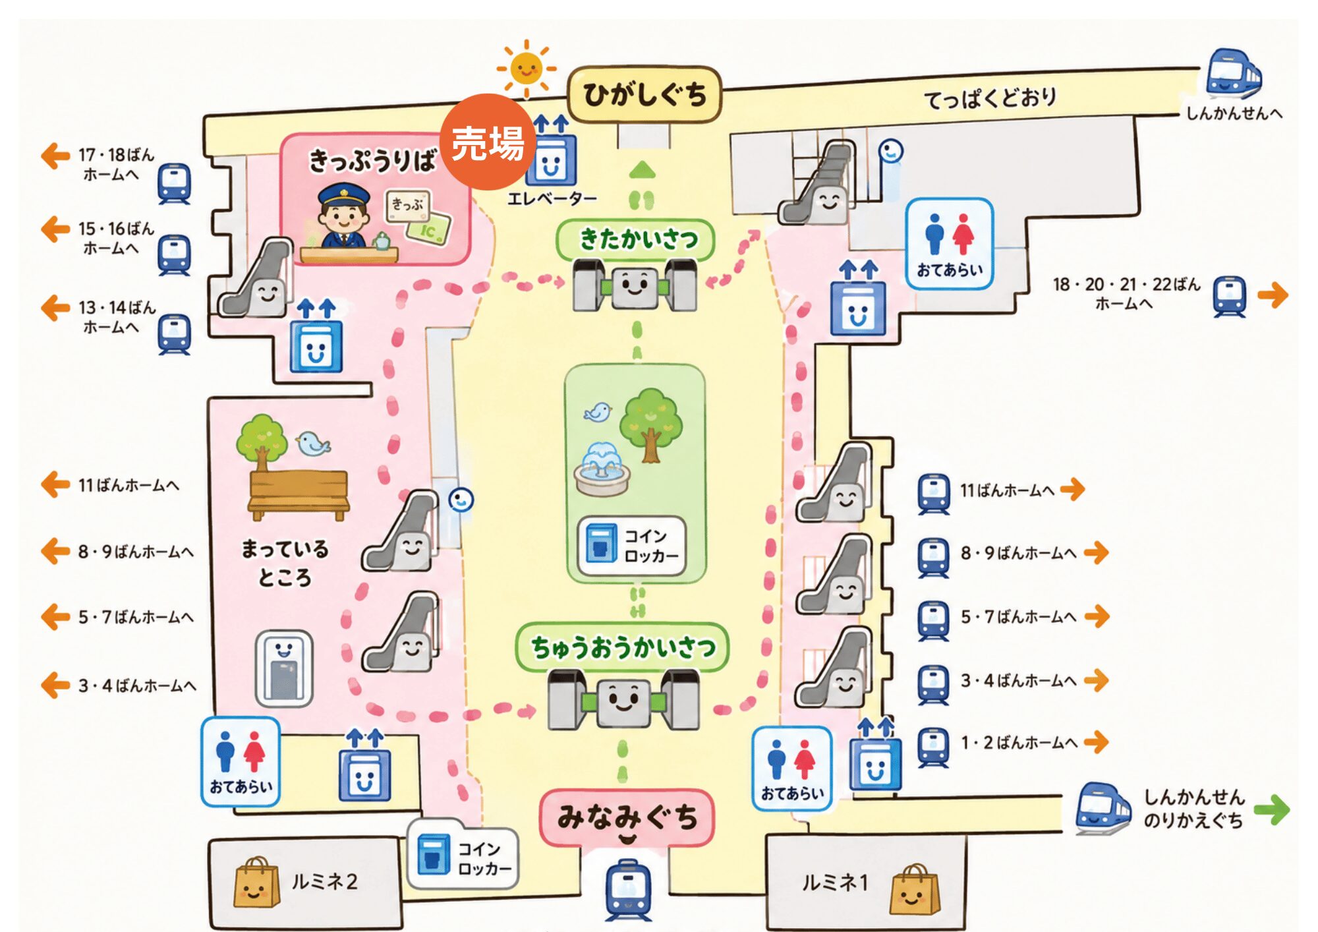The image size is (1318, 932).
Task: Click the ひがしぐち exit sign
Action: click(x=645, y=94)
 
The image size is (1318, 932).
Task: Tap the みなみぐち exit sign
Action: click(x=627, y=818)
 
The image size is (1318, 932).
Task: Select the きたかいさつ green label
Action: click(x=636, y=239)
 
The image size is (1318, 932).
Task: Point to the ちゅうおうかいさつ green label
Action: click(x=622, y=647)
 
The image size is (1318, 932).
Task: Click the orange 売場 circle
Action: click(x=488, y=142)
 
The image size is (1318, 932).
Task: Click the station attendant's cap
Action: click(x=343, y=194)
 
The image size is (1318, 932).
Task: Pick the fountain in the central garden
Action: click(x=601, y=469)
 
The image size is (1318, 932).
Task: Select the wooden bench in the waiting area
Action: click(x=298, y=494)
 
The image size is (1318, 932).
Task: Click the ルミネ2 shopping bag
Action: click(x=256, y=883)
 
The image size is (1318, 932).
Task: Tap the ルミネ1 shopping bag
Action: click(x=915, y=890)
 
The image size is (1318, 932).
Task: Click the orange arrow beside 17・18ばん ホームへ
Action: click(x=55, y=157)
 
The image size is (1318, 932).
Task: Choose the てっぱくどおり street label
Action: click(x=990, y=99)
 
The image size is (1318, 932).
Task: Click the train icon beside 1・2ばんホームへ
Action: click(x=933, y=747)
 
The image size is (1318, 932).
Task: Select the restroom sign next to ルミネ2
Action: click(x=241, y=761)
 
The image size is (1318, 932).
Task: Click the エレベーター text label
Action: click(x=552, y=198)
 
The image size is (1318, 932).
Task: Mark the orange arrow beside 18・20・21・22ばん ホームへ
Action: click(x=1273, y=295)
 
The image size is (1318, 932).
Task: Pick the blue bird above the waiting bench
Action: click(x=312, y=444)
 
